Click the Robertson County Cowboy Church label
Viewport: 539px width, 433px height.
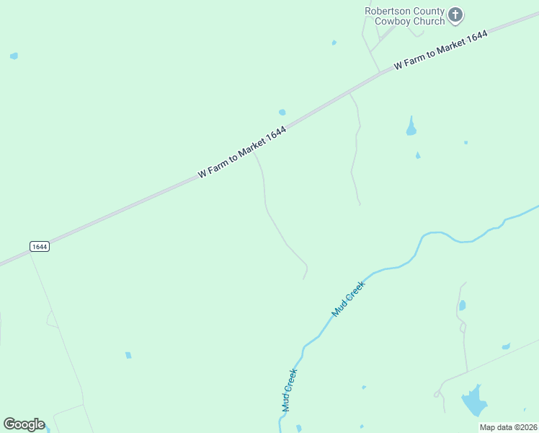[404, 16]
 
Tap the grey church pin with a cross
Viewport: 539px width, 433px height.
[455, 14]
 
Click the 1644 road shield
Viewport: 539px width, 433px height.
[40, 247]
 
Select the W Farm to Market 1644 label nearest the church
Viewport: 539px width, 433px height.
[441, 51]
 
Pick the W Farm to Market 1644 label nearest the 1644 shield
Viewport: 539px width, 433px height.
[242, 152]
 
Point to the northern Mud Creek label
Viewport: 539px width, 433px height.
[349, 299]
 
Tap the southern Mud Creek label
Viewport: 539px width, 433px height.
[289, 390]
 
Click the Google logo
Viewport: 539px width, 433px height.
[24, 424]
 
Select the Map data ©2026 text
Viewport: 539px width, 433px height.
[509, 427]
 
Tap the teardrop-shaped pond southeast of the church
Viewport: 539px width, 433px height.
[411, 128]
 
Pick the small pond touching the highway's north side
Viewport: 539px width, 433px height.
[282, 113]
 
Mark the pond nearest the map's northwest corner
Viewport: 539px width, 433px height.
[14, 56]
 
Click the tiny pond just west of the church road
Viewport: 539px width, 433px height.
[334, 43]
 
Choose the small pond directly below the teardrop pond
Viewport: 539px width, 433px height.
[418, 155]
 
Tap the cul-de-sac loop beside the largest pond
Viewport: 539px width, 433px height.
[437, 394]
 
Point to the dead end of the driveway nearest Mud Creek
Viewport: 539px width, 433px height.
[304, 279]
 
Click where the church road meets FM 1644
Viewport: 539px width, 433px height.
[380, 73]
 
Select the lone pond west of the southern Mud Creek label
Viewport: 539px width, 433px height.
[128, 355]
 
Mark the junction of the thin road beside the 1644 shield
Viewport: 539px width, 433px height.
[29, 253]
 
